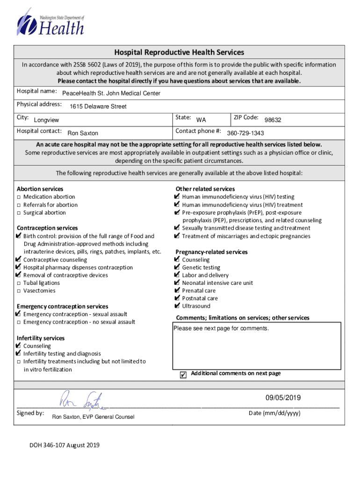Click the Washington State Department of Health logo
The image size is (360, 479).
click(50, 23)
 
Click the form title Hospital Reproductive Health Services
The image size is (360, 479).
click(180, 52)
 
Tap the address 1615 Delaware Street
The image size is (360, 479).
click(98, 107)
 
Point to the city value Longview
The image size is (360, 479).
click(47, 120)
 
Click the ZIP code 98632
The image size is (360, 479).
click(273, 120)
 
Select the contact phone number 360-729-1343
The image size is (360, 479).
click(245, 133)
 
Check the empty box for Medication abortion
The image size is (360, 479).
click(19, 197)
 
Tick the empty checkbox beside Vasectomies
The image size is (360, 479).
click(19, 291)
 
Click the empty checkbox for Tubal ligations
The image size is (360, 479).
click(19, 283)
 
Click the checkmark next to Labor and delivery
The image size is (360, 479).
click(177, 275)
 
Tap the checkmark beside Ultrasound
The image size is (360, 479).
click(177, 306)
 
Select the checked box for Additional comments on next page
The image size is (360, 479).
click(183, 375)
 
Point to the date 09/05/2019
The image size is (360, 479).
click(283, 399)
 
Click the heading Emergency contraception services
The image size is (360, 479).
click(62, 306)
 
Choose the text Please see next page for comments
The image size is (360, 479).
click(221, 328)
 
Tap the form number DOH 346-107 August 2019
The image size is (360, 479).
click(65, 445)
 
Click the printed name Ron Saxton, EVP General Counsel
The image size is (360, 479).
click(93, 417)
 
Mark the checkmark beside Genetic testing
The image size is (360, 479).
click(177, 268)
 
